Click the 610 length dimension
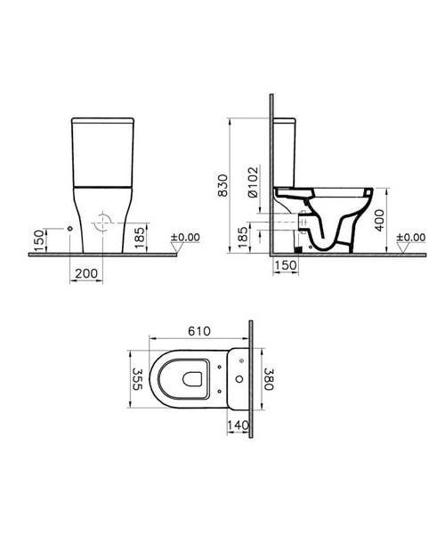point(198,330)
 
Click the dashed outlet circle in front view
point(106,221)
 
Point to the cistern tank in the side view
point(287,151)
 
